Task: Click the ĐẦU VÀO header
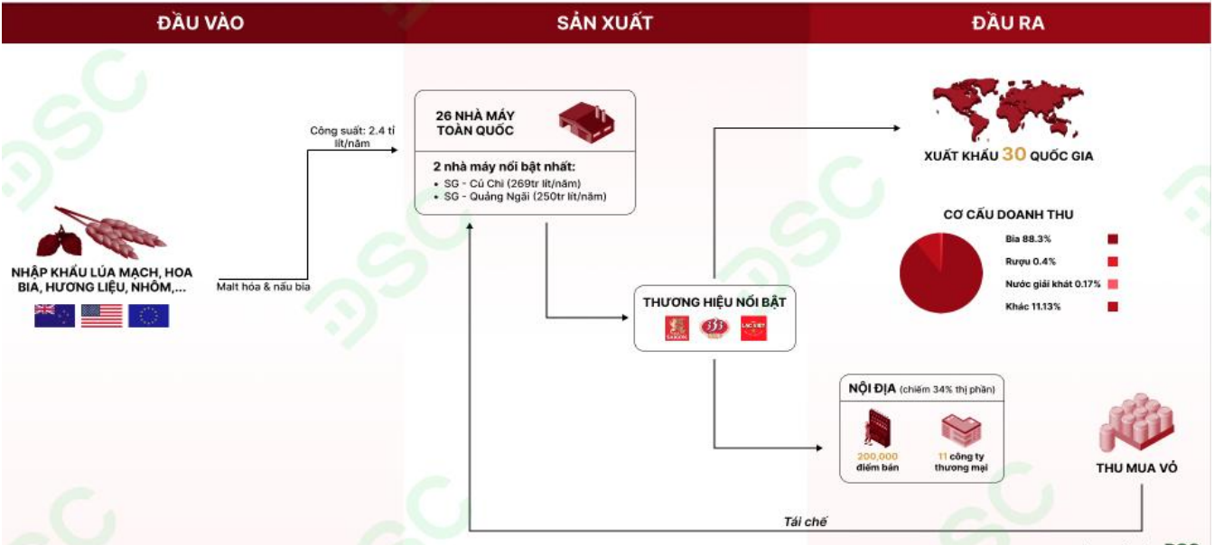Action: pos(200,23)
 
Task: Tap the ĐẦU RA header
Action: pos(1008,23)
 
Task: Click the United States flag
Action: pos(101,316)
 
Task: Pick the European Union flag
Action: pos(148,316)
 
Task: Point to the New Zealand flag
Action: pos(54,316)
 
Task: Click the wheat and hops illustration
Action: pos(100,234)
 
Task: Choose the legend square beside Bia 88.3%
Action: pos(1113,239)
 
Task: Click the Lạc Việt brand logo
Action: pos(753,328)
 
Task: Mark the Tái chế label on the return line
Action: pos(805,522)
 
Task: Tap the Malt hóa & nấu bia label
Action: pos(263,287)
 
